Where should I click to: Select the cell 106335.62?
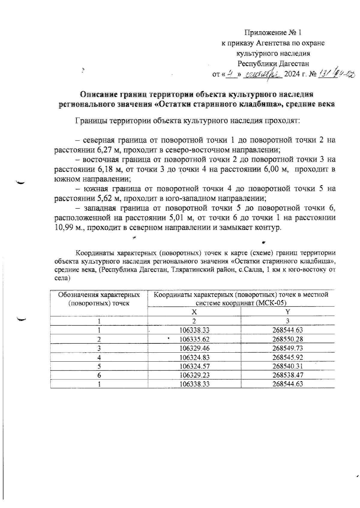194,339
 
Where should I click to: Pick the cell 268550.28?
287,339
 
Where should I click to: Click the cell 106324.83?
194,357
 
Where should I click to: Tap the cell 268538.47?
287,375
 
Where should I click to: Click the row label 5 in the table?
99,366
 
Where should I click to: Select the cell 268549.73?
287,348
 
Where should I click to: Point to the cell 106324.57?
194,366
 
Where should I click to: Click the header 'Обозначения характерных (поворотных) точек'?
99,299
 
